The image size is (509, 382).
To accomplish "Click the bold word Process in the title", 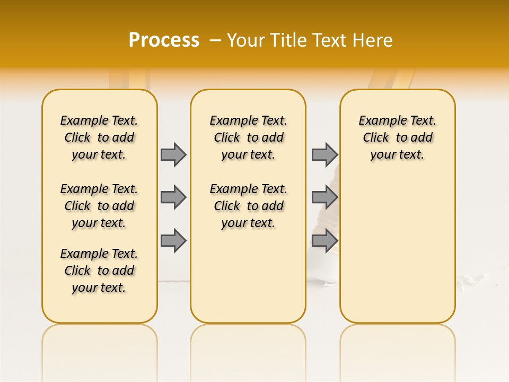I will point(164,40).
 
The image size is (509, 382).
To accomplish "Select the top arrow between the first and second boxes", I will point(173,154).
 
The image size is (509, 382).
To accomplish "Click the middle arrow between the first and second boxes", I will point(173,197).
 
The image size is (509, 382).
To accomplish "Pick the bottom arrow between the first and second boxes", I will point(173,240).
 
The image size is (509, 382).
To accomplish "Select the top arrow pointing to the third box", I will point(324,154).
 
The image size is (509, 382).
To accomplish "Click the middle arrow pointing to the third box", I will point(324,197).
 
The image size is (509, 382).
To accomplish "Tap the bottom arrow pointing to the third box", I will point(324,240).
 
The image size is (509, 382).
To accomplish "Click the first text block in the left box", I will point(99,137).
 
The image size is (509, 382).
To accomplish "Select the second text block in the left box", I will point(99,206).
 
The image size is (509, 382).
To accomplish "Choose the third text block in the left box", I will point(99,271).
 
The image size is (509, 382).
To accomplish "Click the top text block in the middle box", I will point(248,137).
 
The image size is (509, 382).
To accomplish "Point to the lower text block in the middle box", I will point(248,206).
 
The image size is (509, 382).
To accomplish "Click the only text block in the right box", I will point(397,137).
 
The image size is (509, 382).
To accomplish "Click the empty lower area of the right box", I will point(397,244).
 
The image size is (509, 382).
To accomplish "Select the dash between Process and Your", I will point(215,40).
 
